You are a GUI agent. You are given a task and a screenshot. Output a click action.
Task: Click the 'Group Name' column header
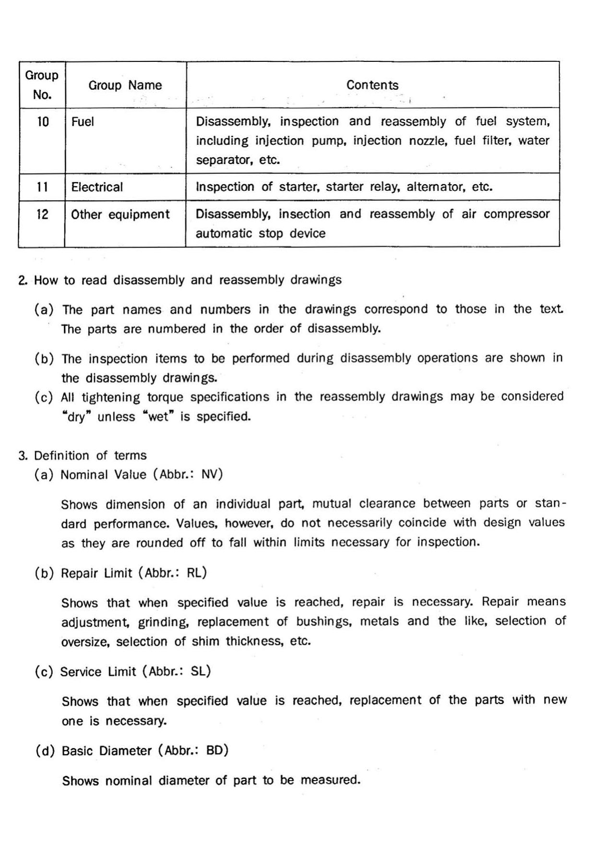point(125,85)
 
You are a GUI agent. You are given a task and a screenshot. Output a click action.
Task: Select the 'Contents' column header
point(372,85)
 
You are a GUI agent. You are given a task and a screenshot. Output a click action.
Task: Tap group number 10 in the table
point(43,122)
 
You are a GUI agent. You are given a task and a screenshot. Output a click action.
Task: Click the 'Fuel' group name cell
point(83,122)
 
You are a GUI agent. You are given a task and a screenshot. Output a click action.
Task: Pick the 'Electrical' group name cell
point(97,187)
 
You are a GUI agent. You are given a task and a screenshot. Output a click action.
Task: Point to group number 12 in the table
point(43,214)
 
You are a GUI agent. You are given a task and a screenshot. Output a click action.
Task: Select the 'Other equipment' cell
point(120,214)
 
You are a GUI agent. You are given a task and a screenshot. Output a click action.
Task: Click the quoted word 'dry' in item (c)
point(76,417)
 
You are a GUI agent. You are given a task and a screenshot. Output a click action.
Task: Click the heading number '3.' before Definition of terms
point(23,456)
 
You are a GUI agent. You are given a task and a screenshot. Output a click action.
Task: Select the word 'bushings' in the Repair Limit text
point(323,622)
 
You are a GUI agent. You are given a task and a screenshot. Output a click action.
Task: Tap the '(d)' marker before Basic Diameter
point(45,750)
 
